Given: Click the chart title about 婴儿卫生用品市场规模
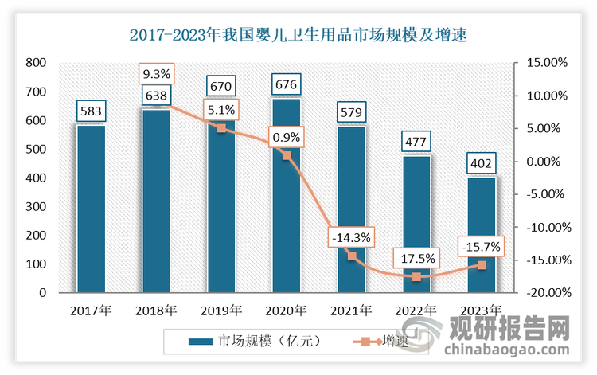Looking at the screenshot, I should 298,34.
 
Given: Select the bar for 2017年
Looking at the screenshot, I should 91,209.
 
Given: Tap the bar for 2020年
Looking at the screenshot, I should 287,195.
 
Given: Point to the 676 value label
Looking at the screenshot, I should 287,84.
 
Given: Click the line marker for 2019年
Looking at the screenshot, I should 221,128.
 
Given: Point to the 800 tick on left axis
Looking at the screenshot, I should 35,63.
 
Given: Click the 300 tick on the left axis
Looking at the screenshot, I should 35,206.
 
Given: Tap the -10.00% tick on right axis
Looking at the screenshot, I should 546,227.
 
